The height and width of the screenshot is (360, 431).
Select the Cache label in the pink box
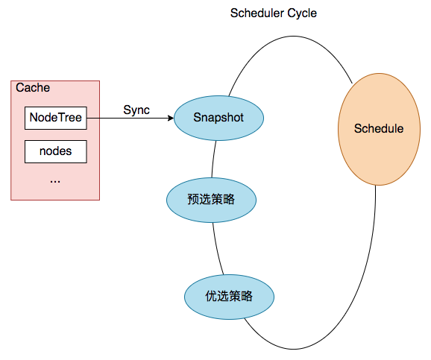point(33,88)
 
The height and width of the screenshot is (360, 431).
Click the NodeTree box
point(56,117)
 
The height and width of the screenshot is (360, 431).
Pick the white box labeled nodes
point(56,151)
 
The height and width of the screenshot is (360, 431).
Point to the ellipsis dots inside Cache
point(54,180)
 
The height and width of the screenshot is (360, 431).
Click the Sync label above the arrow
point(136,110)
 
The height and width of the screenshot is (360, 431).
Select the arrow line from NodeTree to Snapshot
point(127,118)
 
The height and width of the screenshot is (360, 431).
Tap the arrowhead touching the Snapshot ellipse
point(170,118)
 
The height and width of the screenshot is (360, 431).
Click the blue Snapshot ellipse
point(218,118)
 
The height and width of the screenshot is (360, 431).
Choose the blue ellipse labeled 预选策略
point(211,200)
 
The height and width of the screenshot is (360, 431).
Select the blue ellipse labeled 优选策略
point(230,296)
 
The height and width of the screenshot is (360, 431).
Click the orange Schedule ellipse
point(378,128)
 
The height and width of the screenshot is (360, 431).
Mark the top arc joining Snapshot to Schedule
point(283,34)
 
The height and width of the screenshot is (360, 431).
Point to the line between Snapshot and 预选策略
point(214,158)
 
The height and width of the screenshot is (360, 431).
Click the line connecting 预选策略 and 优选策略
point(217,250)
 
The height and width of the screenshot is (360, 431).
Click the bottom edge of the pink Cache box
point(55,200)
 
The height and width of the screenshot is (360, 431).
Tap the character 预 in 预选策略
point(192,200)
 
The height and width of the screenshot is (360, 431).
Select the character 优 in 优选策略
point(211,296)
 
